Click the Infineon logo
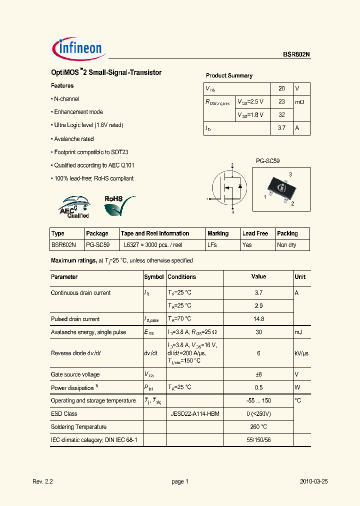click(77, 48)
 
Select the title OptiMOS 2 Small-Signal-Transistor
click(106, 72)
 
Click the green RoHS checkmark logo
click(119, 205)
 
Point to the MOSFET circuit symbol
click(228, 188)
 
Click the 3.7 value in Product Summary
click(281, 128)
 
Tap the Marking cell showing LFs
click(213, 245)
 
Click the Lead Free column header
click(255, 233)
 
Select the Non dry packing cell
click(287, 245)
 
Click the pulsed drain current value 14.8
click(258, 318)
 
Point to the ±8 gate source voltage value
click(258, 374)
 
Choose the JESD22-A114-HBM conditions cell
click(195, 413)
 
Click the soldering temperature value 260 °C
click(258, 427)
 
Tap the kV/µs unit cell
click(301, 353)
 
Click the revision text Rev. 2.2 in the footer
click(42, 481)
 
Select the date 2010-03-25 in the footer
click(313, 481)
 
